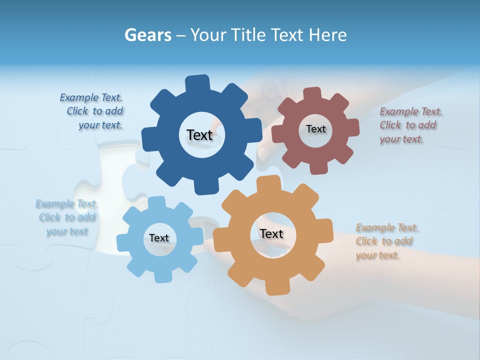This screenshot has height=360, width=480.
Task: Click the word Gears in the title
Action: [147, 35]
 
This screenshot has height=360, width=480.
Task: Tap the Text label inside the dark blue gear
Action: [199, 135]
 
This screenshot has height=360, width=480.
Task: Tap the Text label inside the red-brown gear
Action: [315, 129]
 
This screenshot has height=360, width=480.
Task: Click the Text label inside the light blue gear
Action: [159, 238]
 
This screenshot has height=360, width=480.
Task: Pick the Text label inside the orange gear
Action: [271, 233]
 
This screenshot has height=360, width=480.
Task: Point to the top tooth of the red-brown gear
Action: [312, 94]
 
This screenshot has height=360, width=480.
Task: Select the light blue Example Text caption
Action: [66, 217]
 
